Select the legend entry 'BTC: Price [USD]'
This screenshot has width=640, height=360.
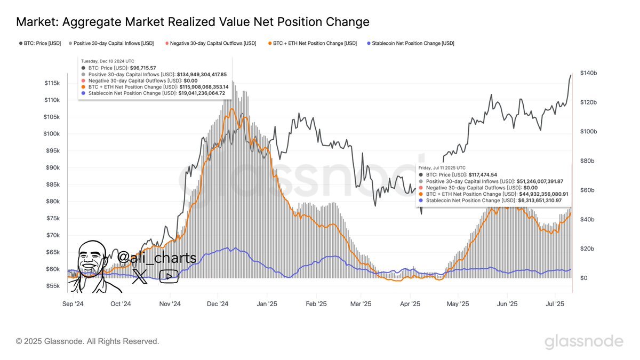[x=39, y=43]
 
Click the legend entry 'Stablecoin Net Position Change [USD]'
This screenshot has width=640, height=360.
[x=411, y=43]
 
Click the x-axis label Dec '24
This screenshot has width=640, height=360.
[x=218, y=304]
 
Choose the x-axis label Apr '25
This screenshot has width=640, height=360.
[x=410, y=304]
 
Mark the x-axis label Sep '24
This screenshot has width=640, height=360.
[x=73, y=304]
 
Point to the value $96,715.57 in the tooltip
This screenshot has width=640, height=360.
[x=142, y=68]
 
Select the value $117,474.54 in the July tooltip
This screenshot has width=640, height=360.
[x=482, y=174]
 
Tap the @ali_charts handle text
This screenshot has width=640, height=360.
[x=156, y=258]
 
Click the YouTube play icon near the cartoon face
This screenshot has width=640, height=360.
[x=169, y=276]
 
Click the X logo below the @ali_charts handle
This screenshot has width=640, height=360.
[x=140, y=276]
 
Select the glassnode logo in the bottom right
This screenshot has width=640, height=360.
[x=583, y=342]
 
